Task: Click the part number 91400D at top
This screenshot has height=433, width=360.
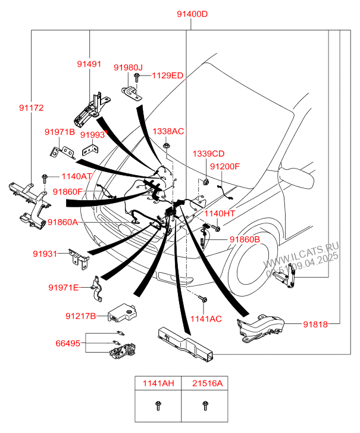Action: [192, 14]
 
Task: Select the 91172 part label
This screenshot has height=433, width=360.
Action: [31, 108]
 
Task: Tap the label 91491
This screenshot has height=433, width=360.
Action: [89, 64]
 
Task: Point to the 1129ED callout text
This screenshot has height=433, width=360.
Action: [167, 76]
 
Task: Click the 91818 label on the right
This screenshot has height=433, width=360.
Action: [315, 325]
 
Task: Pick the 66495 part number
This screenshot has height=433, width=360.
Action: [68, 344]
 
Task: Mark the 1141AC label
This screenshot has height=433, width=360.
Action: [205, 319]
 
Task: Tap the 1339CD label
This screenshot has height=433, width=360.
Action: [208, 154]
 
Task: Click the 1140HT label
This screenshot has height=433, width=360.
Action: [220, 214]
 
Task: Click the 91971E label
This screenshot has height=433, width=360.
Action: [63, 288]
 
